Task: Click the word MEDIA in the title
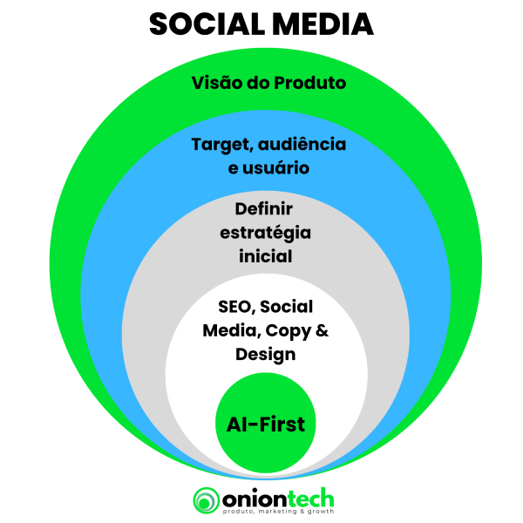coord(323,24)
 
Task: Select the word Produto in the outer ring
coord(310,83)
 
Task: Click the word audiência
coord(302,144)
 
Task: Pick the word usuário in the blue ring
coord(275,167)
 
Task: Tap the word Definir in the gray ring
coord(264,209)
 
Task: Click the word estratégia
coord(266,233)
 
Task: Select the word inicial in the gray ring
coord(266,256)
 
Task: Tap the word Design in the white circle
coord(266,355)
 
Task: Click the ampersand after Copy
coord(322,330)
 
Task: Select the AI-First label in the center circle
coord(266,425)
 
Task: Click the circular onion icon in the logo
coord(206,500)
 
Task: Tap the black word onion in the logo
coord(255,500)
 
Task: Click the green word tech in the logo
coord(310,499)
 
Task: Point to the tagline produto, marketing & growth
coord(278,512)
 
